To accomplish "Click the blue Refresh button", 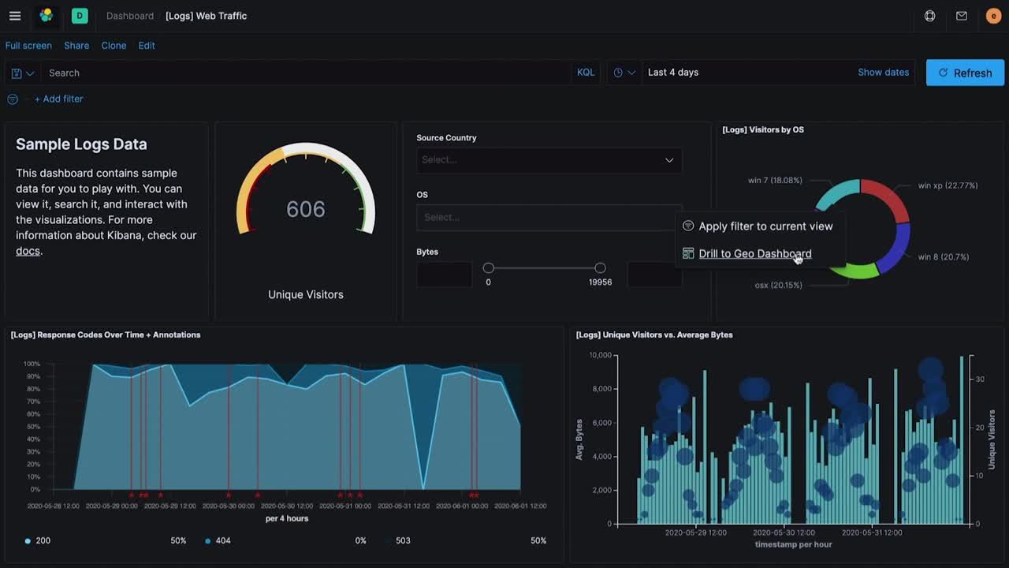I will pos(965,73).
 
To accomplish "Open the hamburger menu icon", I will pos(15,16).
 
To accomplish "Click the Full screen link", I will pos(28,46).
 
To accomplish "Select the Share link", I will pos(76,46).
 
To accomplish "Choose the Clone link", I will pos(114,46).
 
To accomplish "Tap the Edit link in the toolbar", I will pos(147,46).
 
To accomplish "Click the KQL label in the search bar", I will pos(586,73).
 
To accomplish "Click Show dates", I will pos(883,73).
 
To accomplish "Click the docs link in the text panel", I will pos(28,251).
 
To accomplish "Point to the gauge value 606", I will pos(306,209).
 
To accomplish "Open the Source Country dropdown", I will pos(549,160).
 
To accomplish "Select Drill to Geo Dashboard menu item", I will pos(754,254).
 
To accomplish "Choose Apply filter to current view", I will pos(765,226).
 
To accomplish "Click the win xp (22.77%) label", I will pos(948,186).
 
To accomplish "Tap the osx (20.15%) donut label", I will pos(778,286).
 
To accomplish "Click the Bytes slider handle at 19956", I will pos(600,268).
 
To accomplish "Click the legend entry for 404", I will pos(222,541).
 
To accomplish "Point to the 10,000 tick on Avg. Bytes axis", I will pos(600,356).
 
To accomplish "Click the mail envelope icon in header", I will pos(962,16).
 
